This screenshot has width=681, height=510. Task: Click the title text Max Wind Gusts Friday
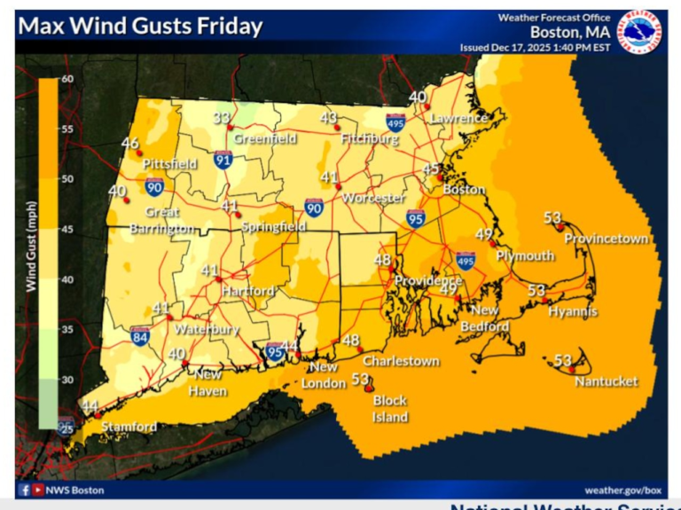point(140,26)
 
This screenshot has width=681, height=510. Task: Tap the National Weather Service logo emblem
point(640,31)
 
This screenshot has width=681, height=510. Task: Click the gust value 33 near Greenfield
point(222,118)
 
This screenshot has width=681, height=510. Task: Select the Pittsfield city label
point(168,164)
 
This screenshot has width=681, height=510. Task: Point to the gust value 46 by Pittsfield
point(130,144)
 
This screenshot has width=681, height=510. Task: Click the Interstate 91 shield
point(223,159)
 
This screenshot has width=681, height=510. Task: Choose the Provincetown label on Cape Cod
point(607,239)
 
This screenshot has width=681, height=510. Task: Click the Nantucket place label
point(606,381)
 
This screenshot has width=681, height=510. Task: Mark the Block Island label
point(389,409)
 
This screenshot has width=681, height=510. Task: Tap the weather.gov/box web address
point(623,490)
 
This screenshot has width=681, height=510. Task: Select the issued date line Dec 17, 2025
point(534,47)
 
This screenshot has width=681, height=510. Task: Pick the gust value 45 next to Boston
point(431,169)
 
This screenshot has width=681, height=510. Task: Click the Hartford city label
point(247,291)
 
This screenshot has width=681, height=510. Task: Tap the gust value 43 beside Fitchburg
point(329,118)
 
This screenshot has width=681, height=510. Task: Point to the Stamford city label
point(129,427)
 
